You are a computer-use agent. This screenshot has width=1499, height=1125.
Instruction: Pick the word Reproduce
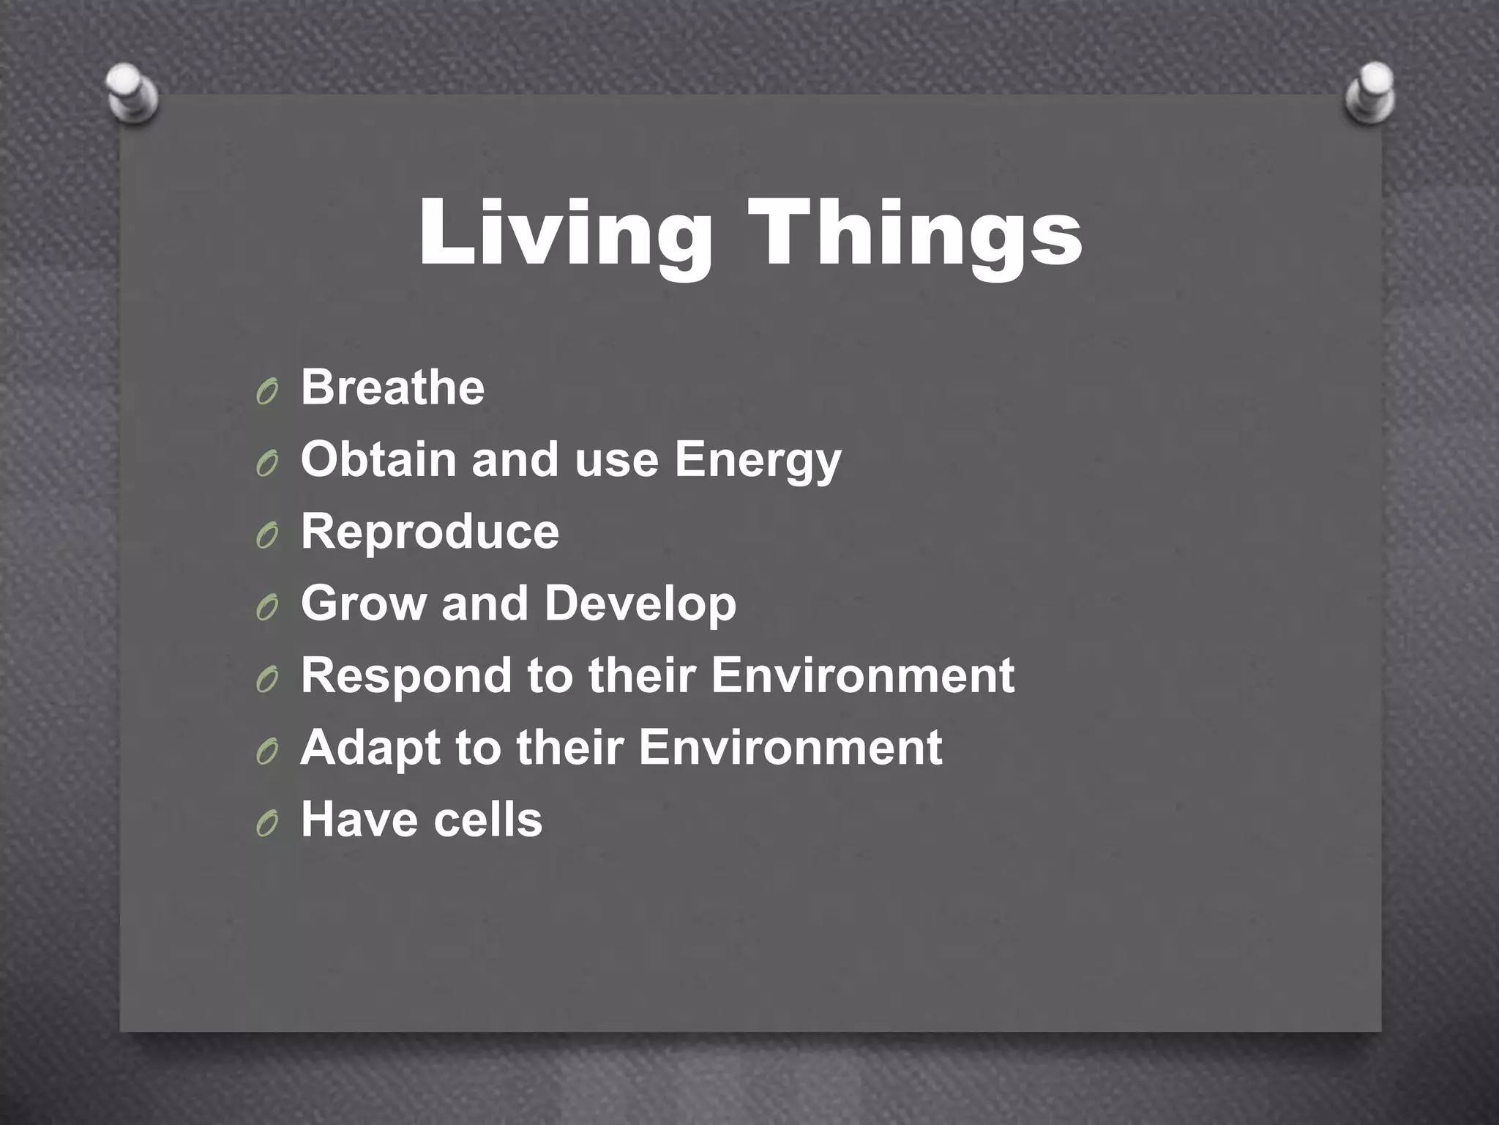point(430,531)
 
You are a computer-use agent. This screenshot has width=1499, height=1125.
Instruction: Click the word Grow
point(363,604)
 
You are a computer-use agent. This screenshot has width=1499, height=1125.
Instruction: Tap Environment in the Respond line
point(862,675)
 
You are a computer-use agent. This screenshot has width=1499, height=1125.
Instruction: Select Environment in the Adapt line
point(790,747)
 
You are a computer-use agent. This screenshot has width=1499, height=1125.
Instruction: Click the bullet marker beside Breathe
point(267,393)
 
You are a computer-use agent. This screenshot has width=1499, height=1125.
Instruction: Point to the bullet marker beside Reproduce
point(267,538)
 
